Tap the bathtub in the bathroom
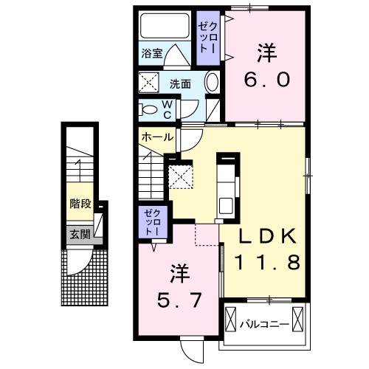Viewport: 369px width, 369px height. click(x=165, y=27)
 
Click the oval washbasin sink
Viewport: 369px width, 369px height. click(x=211, y=83)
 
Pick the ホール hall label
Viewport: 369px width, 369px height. click(x=157, y=137)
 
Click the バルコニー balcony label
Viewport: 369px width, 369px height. click(x=263, y=323)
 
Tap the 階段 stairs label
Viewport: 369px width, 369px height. click(x=79, y=204)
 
